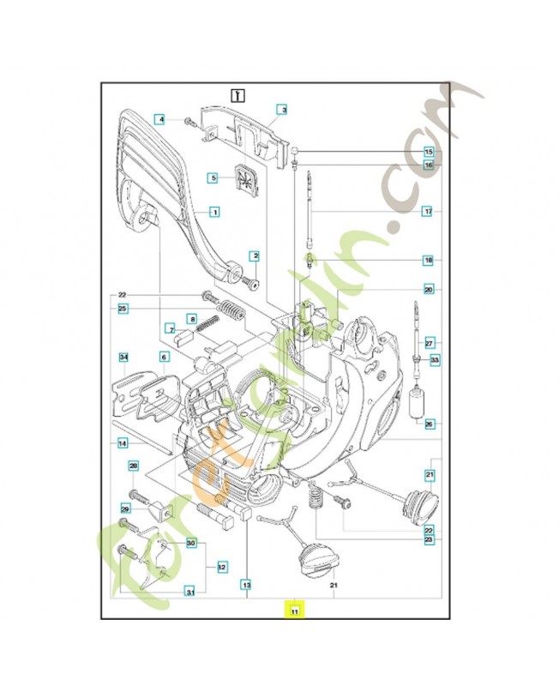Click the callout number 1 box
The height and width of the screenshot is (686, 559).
(x=214, y=211)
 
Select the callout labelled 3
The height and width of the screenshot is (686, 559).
(x=281, y=110)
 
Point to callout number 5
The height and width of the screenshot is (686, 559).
(x=214, y=178)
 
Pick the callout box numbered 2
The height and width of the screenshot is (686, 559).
(x=254, y=256)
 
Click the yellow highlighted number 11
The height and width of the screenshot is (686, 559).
(x=294, y=611)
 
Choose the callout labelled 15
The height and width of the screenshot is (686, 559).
(x=429, y=152)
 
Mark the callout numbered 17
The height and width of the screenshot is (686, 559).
(x=428, y=210)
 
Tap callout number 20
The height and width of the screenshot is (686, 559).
(x=428, y=290)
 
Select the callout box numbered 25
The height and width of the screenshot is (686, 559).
(x=123, y=309)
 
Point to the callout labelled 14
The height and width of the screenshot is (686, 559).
(x=123, y=443)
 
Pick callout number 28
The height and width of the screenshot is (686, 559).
(x=134, y=466)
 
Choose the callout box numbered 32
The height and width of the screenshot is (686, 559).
(x=221, y=567)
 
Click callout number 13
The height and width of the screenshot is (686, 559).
(x=245, y=586)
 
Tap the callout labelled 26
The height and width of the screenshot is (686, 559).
(x=429, y=423)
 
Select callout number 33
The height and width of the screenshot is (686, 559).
(x=435, y=360)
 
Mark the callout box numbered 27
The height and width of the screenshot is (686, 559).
(x=430, y=342)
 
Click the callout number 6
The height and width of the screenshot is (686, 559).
(x=163, y=357)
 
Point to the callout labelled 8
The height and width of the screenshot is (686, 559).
(x=192, y=319)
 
